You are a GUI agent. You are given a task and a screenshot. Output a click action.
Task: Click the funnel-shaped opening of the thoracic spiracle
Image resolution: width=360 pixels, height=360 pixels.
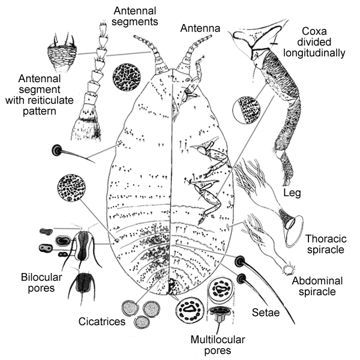[293, 231]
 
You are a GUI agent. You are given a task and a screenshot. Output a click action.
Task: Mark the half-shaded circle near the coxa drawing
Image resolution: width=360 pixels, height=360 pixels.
[249, 110]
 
